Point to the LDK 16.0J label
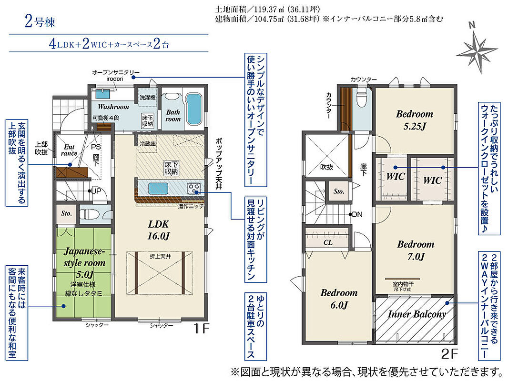tap(158, 230)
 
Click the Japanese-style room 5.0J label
tap(84, 262)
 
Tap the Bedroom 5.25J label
tap(415, 120)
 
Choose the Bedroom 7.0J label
tap(416, 250)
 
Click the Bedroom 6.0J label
tap(339, 299)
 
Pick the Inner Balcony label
tap(417, 314)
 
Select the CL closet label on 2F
tap(328, 242)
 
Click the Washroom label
tap(113, 107)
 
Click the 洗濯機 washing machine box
tap(147, 97)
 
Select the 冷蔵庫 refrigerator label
tap(148, 144)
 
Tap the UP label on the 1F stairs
tap(96, 191)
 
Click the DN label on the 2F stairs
tap(357, 214)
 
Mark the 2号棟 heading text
tap(40, 22)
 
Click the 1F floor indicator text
tap(202, 329)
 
